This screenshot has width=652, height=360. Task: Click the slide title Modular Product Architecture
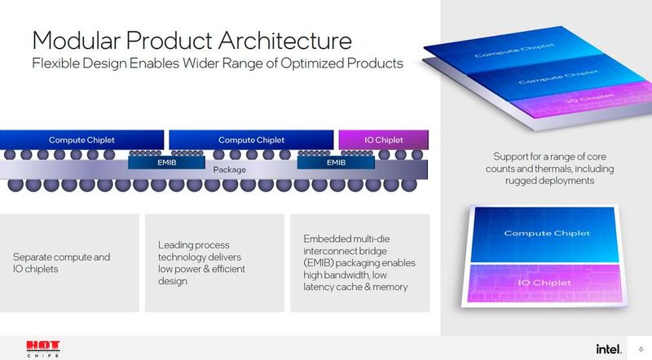coord(192,40)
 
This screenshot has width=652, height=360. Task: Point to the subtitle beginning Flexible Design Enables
coord(217,64)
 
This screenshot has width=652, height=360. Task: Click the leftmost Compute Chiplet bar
coord(81,140)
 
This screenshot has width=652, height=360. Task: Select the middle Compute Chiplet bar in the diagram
coord(251,140)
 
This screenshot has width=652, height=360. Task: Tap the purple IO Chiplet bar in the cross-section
coord(382,140)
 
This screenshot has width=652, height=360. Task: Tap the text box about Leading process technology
coord(214,262)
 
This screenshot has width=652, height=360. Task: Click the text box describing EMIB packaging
coord(360,262)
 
